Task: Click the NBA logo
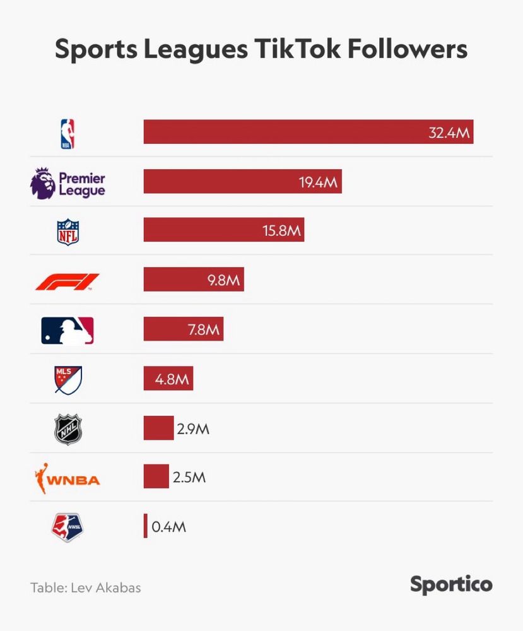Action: tap(68, 134)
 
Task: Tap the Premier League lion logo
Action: tap(43, 183)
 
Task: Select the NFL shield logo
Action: tap(68, 232)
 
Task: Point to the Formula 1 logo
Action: tap(68, 281)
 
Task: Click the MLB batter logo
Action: tap(68, 331)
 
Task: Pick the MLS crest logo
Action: tap(68, 380)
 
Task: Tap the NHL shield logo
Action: tap(68, 429)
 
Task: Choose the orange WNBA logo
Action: tap(68, 479)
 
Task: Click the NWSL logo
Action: tap(68, 528)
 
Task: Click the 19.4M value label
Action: tap(319, 182)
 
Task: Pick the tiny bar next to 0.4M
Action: tap(145, 526)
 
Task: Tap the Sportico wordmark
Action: tap(451, 584)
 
